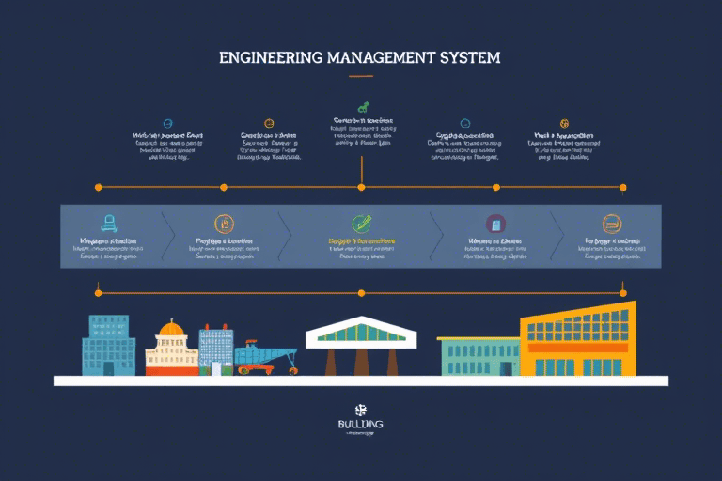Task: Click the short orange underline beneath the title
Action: pyautogui.click(x=361, y=75)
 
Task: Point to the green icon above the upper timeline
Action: pyautogui.click(x=362, y=107)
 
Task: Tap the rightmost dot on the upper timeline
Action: pyautogui.click(x=622, y=188)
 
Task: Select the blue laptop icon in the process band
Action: pyautogui.click(x=109, y=224)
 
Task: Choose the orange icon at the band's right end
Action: pyautogui.click(x=610, y=224)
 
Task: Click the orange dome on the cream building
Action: pyautogui.click(x=170, y=329)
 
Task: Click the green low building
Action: pyautogui.click(x=479, y=356)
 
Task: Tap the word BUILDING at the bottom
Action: pyautogui.click(x=360, y=425)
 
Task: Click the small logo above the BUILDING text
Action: pyautogui.click(x=360, y=409)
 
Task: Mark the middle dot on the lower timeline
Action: pyautogui.click(x=361, y=292)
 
